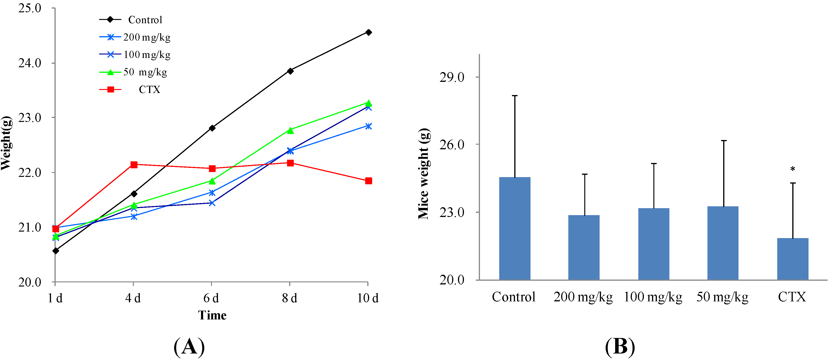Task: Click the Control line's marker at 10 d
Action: (x=368, y=32)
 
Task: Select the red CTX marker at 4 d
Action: (x=134, y=165)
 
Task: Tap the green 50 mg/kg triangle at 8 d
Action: (x=290, y=131)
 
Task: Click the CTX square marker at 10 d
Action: (x=368, y=181)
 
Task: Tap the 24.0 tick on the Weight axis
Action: (x=30, y=63)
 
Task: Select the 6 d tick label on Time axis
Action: (x=211, y=298)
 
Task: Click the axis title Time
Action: (x=212, y=315)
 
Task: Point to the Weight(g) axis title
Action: (x=6, y=143)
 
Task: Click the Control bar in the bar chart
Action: (x=515, y=228)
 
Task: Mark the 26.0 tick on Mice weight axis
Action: (x=452, y=145)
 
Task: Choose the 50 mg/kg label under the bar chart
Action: (x=722, y=297)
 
